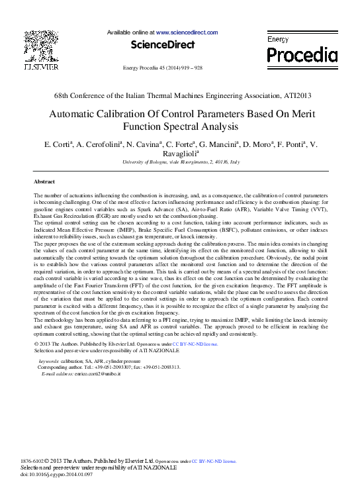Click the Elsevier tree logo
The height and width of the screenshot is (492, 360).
click(40, 46)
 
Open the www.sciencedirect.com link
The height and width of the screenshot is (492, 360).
click(187, 32)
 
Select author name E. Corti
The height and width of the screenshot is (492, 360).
click(56, 144)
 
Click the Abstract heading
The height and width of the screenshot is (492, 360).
click(44, 181)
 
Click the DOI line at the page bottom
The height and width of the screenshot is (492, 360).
click(54, 475)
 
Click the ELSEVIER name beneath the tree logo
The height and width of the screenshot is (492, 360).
click(40, 68)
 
